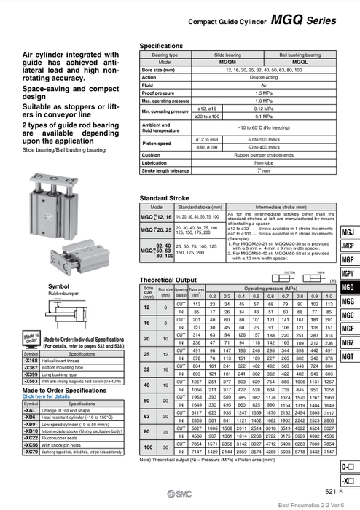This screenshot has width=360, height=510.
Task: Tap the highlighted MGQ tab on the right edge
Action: click(348, 286)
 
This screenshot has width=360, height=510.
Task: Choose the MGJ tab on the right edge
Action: click(348, 232)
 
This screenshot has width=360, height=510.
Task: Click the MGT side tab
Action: click(348, 356)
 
